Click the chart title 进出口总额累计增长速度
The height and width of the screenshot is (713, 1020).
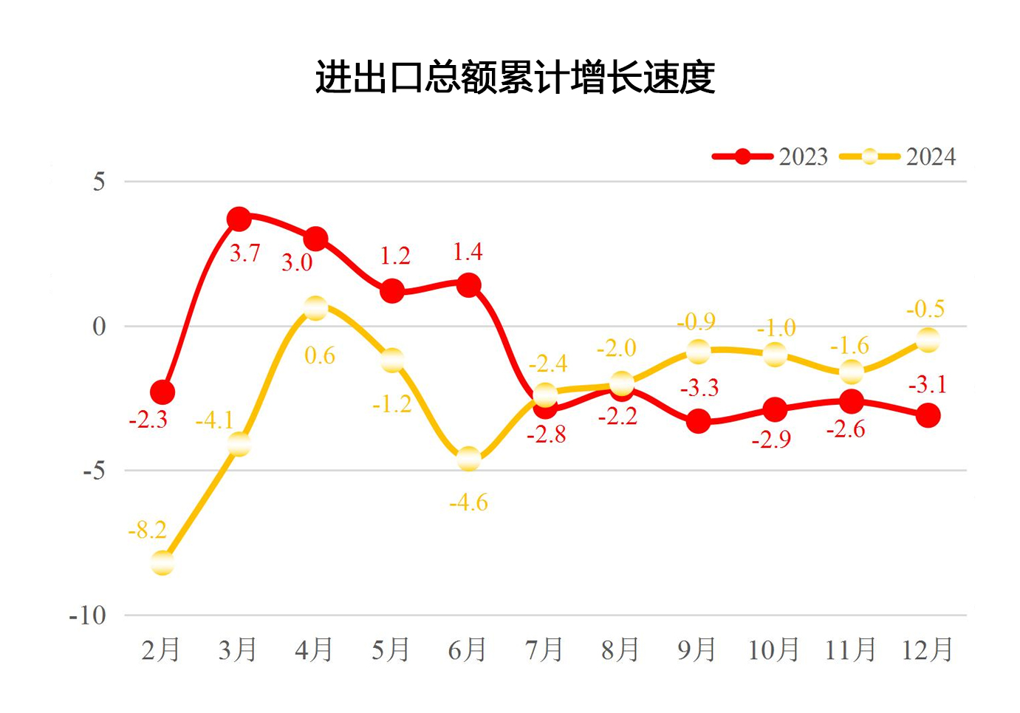[x=515, y=77]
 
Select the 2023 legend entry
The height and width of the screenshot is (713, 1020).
[x=770, y=157]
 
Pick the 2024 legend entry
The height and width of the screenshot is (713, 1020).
[x=897, y=157]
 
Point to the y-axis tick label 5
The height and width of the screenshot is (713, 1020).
[x=99, y=182]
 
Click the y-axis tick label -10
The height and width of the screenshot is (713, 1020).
[x=88, y=615]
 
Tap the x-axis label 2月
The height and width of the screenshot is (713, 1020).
[x=161, y=649]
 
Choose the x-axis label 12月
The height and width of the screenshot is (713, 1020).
[x=927, y=649]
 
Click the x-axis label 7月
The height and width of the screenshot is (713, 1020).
[x=544, y=649]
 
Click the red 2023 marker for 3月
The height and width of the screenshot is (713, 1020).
[x=239, y=219]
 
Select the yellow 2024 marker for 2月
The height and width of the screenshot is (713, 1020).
[x=162, y=563]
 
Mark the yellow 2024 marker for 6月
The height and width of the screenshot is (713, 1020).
[x=469, y=459]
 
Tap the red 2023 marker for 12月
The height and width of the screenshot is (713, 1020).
[x=928, y=415]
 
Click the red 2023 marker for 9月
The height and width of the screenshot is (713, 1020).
[x=698, y=422]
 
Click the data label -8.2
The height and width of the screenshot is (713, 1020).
[x=147, y=530]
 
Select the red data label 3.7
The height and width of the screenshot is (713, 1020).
[x=244, y=253]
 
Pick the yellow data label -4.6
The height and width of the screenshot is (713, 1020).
[x=468, y=502]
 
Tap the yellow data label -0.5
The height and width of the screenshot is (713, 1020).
[x=925, y=309]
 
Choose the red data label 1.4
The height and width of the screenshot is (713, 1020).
[x=468, y=252]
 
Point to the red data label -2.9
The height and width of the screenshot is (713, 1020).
[x=771, y=440]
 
